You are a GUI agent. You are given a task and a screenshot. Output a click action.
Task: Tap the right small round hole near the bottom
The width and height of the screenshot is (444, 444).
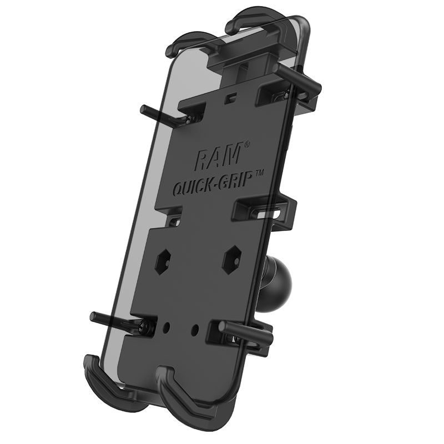[x=195, y=329]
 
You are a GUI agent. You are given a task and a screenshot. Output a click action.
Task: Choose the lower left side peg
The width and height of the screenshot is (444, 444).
[x=111, y=320]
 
